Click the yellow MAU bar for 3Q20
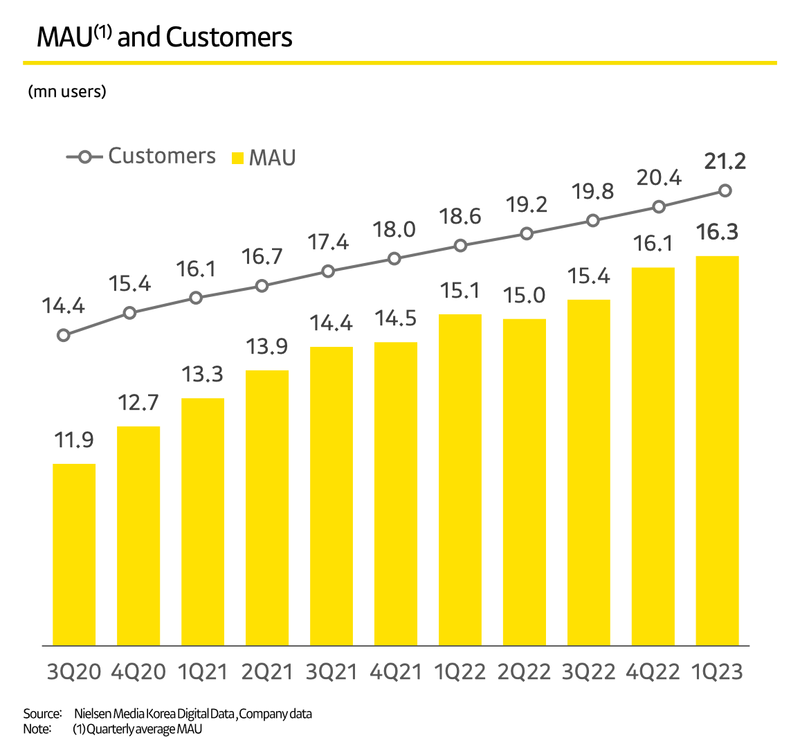tap(74, 554)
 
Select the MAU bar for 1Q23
tap(717, 450)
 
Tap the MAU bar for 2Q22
tap(524, 482)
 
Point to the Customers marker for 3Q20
tap(64, 335)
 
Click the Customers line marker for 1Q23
tap(725, 190)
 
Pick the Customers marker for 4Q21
tap(394, 258)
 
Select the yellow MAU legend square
tap(237, 158)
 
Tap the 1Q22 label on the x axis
tap(460, 672)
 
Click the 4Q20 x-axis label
tap(138, 672)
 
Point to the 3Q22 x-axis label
tap(588, 672)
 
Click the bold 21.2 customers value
tap(725, 161)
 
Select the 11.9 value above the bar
tap(74, 440)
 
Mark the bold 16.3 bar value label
tap(717, 232)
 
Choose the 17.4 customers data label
tap(328, 242)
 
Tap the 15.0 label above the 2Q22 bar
tap(524, 296)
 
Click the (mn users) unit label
tap(67, 91)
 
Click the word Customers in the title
tap(229, 37)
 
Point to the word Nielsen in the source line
tap(91, 713)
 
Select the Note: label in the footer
tap(37, 728)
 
